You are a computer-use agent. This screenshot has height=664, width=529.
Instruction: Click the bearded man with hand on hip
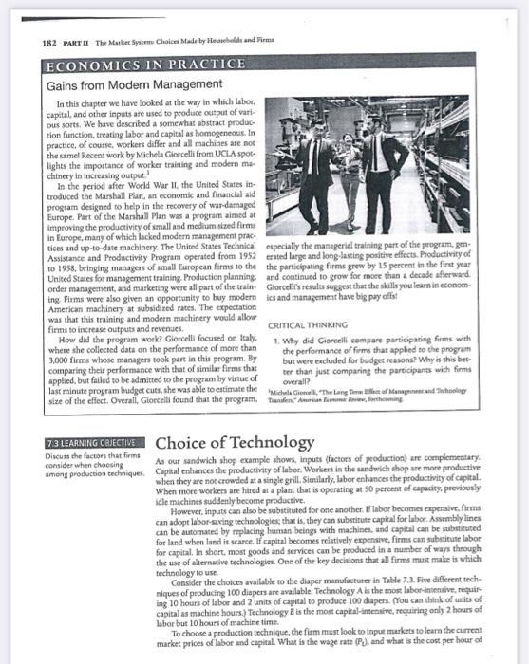[x=384, y=157]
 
